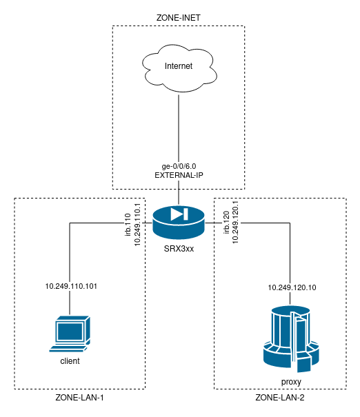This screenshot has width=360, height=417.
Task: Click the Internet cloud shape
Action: pyautogui.click(x=179, y=67)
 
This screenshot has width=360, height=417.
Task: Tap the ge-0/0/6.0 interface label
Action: pyautogui.click(x=179, y=165)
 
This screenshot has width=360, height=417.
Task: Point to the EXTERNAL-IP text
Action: pyautogui.click(x=179, y=175)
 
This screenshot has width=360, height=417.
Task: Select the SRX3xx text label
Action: pyautogui.click(x=179, y=248)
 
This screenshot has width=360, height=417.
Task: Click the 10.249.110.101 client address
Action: pyautogui.click(x=71, y=285)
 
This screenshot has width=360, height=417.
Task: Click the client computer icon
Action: pyautogui.click(x=71, y=334)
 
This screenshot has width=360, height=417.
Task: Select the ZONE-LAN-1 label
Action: pyautogui.click(x=79, y=398)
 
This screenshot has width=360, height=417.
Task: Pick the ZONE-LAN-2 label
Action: pyautogui.click(x=279, y=398)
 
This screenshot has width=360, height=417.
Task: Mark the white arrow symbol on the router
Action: pyautogui.click(x=179, y=214)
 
